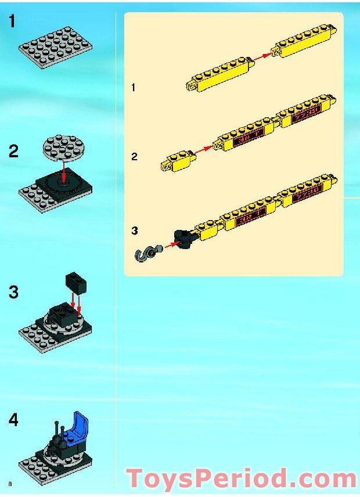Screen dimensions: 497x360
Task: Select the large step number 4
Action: (x=13, y=420)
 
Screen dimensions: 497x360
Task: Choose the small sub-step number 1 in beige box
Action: (x=134, y=88)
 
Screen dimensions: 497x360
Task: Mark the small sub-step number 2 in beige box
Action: (x=134, y=157)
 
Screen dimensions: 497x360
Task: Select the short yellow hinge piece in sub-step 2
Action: (x=177, y=160)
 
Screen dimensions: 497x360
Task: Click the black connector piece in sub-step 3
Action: (x=182, y=239)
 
